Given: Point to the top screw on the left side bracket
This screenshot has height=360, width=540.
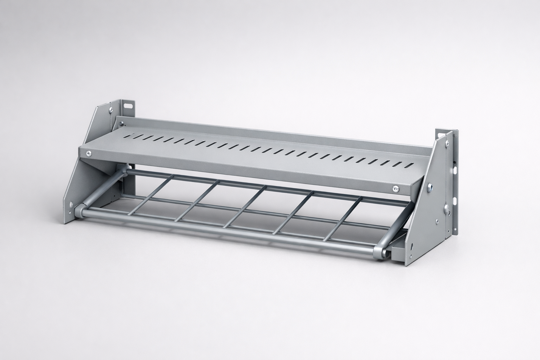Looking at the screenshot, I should click(x=111, y=110).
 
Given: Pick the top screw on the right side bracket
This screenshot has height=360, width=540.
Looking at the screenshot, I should click(x=447, y=143).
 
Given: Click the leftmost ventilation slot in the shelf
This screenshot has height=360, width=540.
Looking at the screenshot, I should click(x=130, y=135).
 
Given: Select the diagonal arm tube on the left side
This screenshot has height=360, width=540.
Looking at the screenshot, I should click(x=102, y=186).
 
